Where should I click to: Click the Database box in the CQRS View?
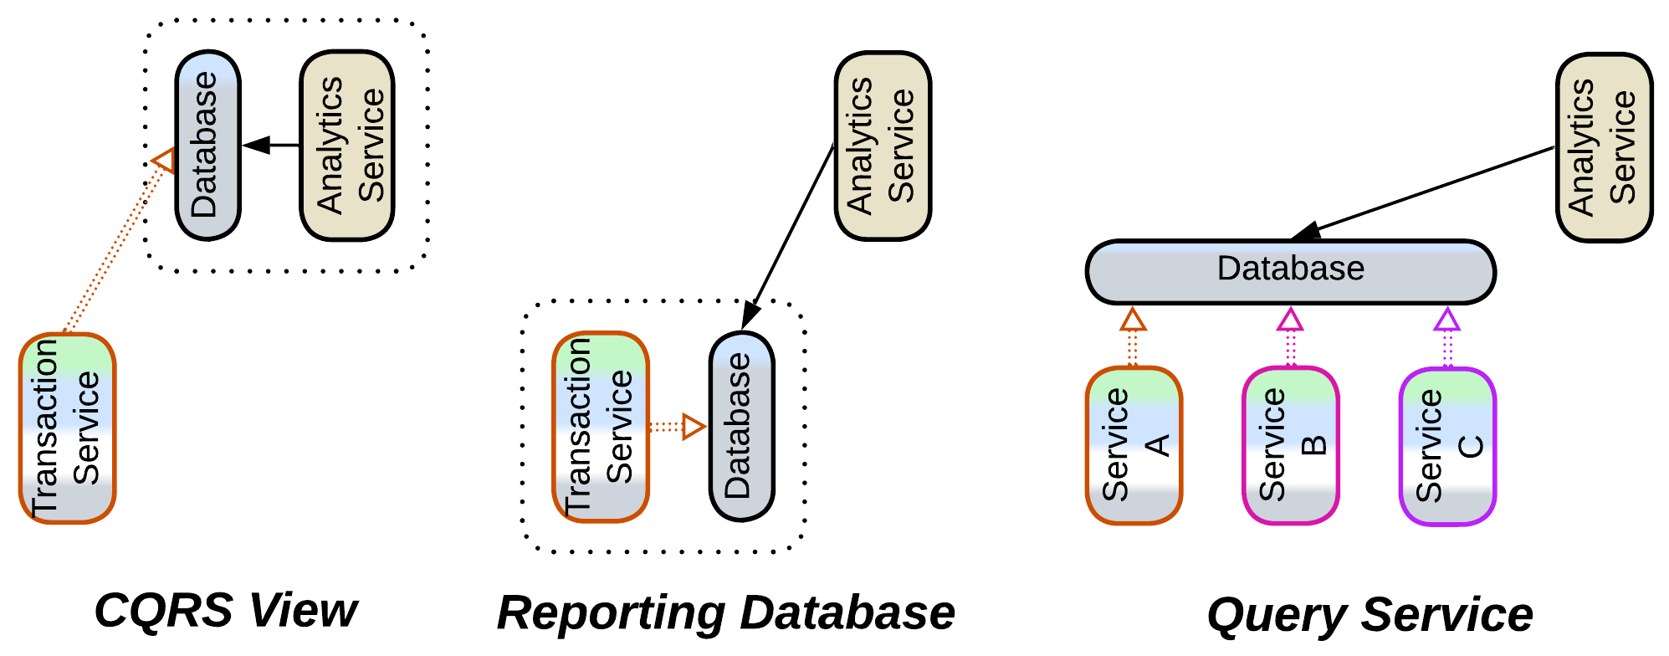coord(207,146)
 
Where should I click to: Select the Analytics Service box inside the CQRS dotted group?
coord(347,146)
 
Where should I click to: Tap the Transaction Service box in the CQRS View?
coord(67,428)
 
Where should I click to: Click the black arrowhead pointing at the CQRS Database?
coord(256,146)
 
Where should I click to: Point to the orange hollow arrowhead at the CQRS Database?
coord(164,159)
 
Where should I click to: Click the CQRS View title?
coord(226,610)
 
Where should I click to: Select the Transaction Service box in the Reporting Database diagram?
coord(601,427)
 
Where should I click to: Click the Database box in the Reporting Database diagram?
coord(741,427)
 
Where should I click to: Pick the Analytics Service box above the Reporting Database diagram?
coord(883,146)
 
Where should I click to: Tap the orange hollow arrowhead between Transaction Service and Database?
coord(694,427)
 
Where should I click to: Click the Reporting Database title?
coord(725,612)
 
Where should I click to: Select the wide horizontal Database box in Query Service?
coord(1290,272)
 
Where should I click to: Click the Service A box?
coord(1134,445)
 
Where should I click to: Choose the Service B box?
coord(1291,445)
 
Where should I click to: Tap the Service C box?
coord(1447,447)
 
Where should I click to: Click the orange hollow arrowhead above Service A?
coord(1133,320)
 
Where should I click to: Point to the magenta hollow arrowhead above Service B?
coord(1291,320)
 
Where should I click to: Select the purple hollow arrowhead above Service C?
coord(1447,320)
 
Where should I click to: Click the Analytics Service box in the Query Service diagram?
coord(1604,148)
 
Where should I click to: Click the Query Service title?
coord(1370,615)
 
